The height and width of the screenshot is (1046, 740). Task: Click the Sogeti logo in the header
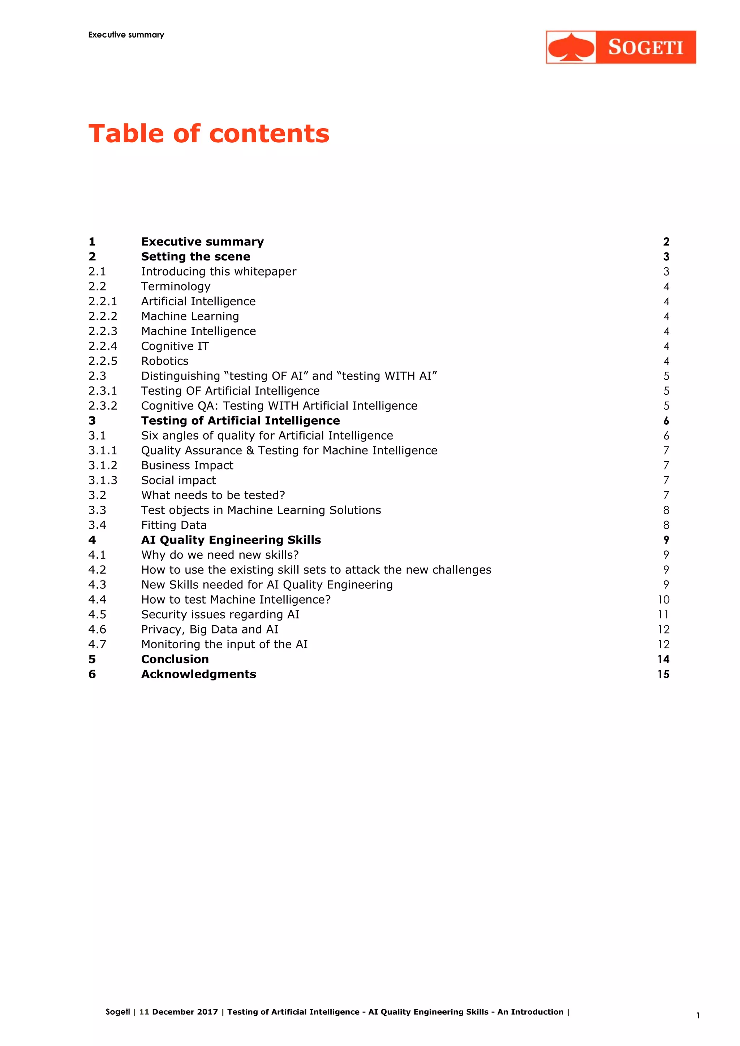click(x=621, y=47)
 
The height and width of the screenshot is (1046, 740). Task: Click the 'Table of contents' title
click(x=209, y=134)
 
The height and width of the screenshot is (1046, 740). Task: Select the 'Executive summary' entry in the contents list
click(x=202, y=242)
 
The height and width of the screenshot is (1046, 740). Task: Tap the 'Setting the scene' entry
click(x=195, y=256)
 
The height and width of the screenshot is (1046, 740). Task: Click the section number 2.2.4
click(x=103, y=346)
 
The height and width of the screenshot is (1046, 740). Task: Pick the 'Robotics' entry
click(x=164, y=361)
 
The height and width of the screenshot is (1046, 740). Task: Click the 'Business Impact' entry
click(x=187, y=465)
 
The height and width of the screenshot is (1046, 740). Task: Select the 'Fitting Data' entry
click(x=173, y=525)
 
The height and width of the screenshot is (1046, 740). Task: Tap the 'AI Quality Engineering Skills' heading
click(x=231, y=540)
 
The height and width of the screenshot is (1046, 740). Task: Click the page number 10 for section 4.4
click(x=663, y=600)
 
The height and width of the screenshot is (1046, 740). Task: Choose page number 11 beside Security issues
click(x=663, y=615)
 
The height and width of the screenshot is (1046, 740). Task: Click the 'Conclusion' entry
click(x=175, y=659)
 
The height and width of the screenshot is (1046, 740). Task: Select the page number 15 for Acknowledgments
click(x=663, y=674)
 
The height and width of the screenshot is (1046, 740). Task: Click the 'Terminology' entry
click(x=176, y=286)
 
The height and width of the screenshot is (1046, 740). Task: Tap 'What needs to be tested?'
click(x=213, y=495)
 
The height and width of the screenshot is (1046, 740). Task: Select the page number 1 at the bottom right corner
click(x=698, y=1015)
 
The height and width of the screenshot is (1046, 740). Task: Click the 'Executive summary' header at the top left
click(x=126, y=35)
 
